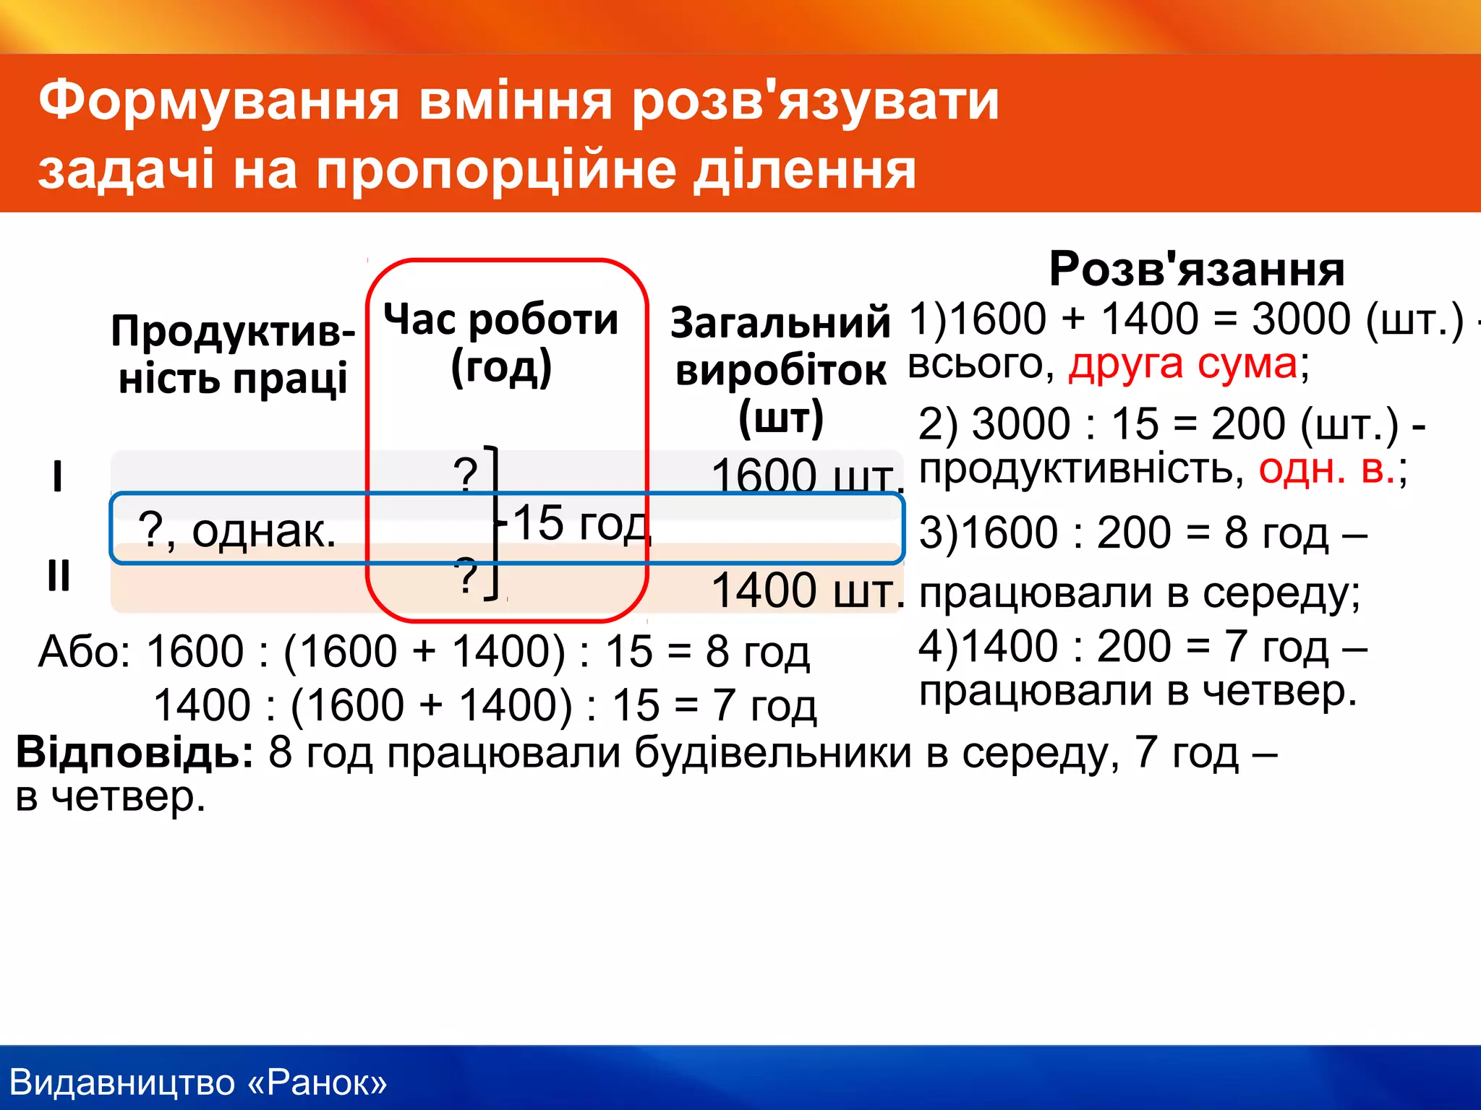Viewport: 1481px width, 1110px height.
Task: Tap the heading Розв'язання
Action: [1197, 269]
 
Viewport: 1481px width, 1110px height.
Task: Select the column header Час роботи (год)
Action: [501, 343]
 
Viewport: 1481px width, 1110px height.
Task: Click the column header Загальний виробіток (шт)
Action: [780, 370]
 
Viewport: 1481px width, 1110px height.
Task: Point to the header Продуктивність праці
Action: [233, 355]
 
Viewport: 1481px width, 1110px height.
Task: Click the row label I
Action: [57, 477]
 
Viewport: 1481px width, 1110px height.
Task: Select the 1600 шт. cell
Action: [806, 476]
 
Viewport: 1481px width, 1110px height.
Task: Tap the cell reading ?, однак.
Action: [237, 531]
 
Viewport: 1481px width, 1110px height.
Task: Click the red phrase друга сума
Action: [1183, 363]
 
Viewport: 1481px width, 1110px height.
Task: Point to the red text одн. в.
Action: [1327, 469]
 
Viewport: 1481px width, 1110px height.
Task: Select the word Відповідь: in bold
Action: [135, 752]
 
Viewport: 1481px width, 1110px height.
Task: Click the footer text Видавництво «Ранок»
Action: [198, 1083]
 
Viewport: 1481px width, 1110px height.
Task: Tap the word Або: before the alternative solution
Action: [84, 652]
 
